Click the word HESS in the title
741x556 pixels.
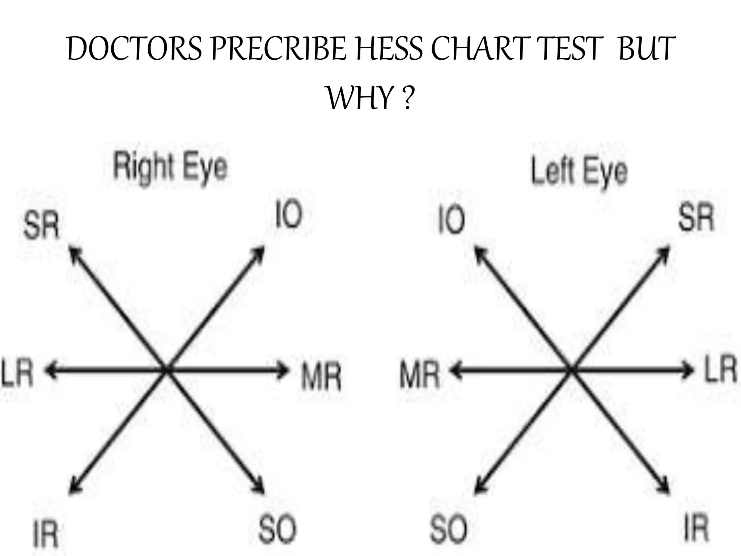[389, 49]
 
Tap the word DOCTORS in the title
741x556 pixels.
[135, 49]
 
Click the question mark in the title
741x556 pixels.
[408, 98]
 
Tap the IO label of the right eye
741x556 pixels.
[288, 214]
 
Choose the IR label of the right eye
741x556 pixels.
[46, 534]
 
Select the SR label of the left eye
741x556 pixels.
[696, 217]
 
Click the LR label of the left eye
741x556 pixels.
[720, 368]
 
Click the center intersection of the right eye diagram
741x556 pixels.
[166, 370]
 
